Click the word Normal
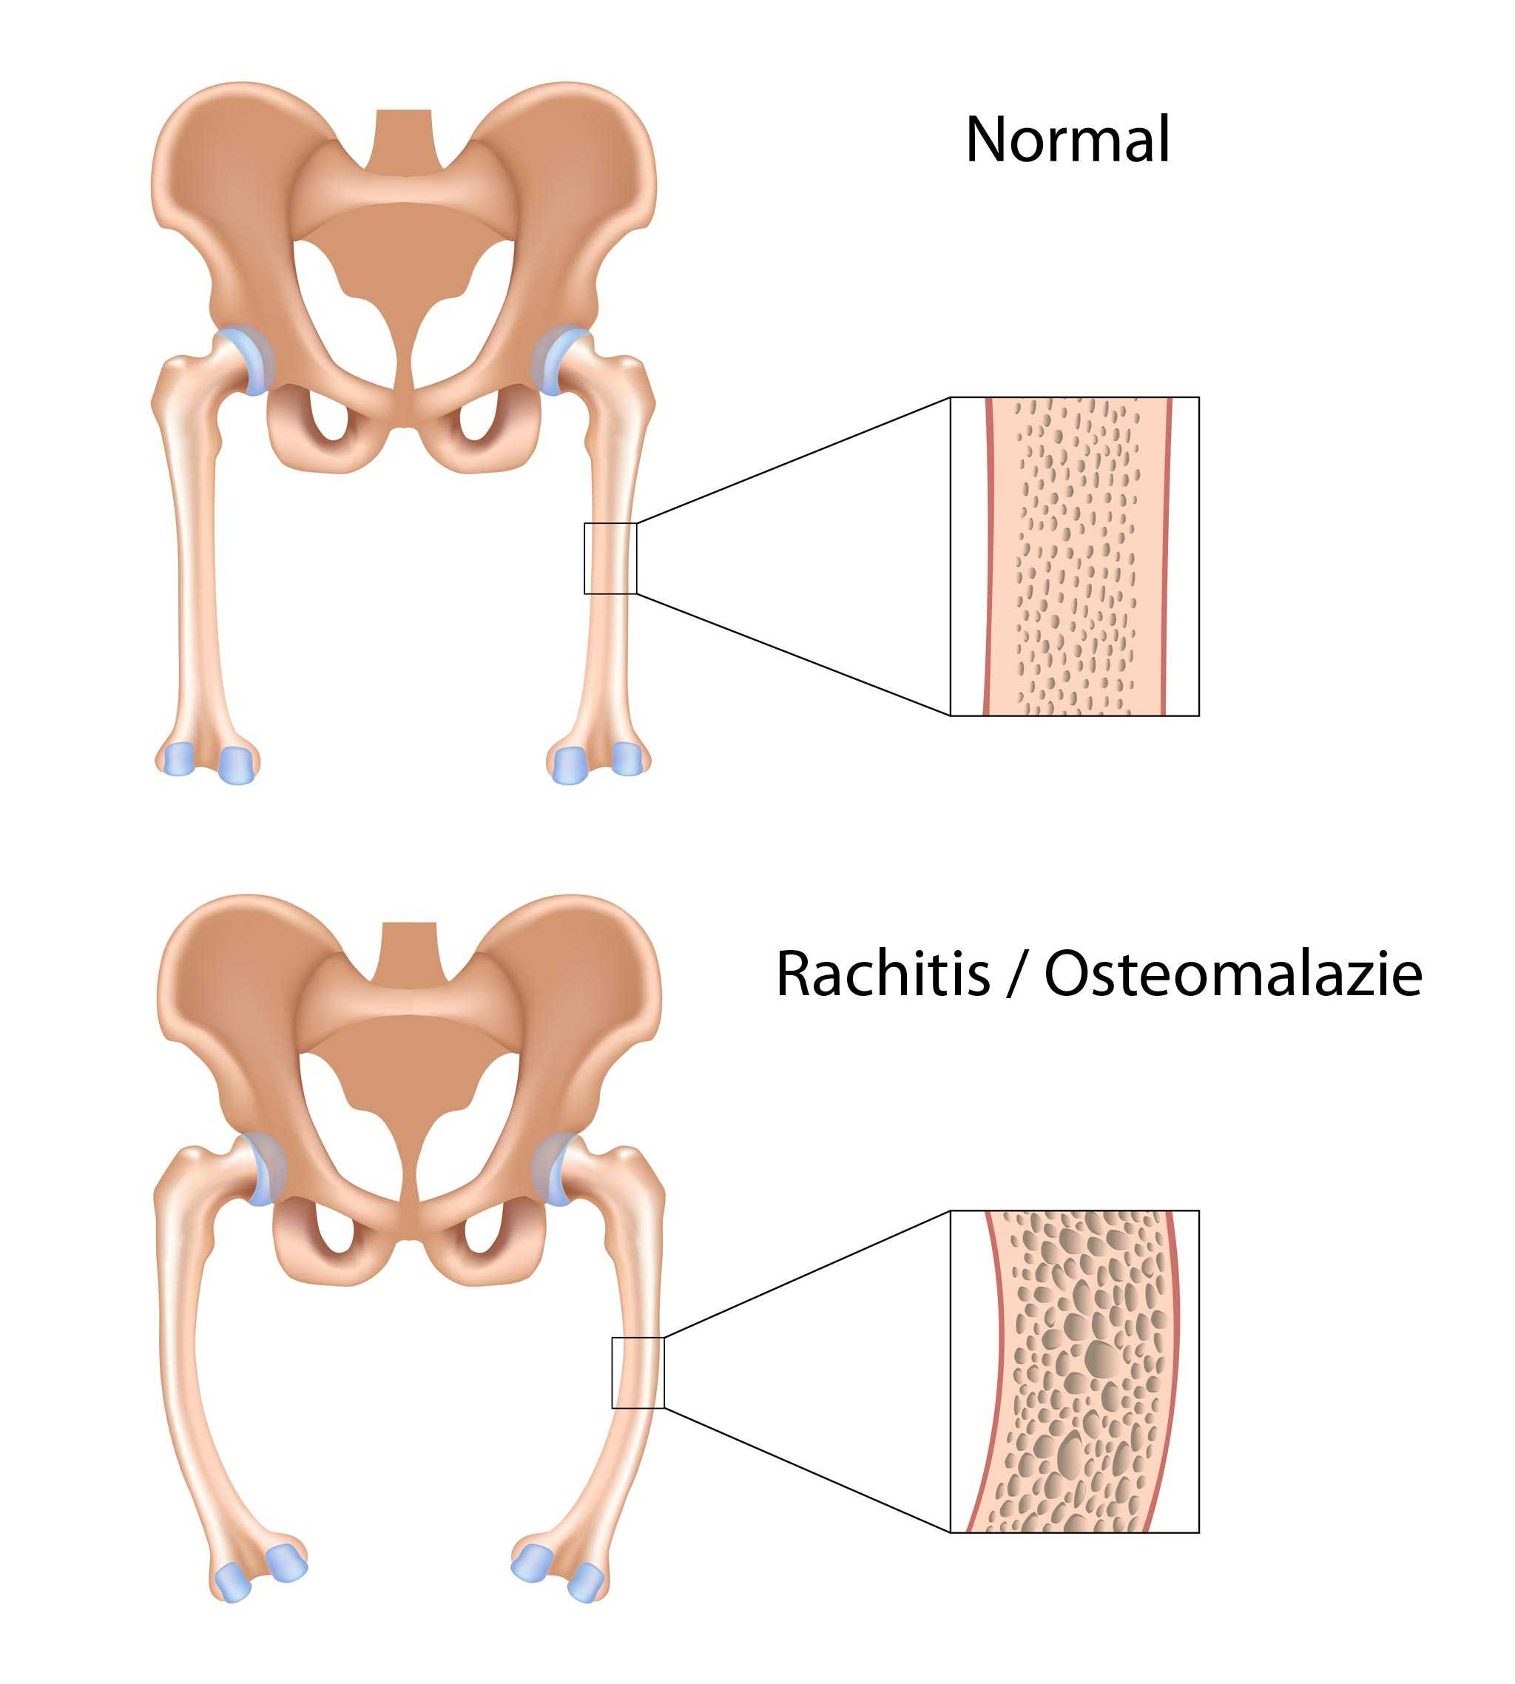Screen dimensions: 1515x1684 point(1068,139)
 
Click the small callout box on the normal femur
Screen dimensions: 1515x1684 point(610,559)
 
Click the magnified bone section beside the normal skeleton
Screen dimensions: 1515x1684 point(1075,556)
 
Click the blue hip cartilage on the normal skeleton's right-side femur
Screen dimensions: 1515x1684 point(553,360)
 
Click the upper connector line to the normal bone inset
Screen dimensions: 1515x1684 point(793,460)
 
